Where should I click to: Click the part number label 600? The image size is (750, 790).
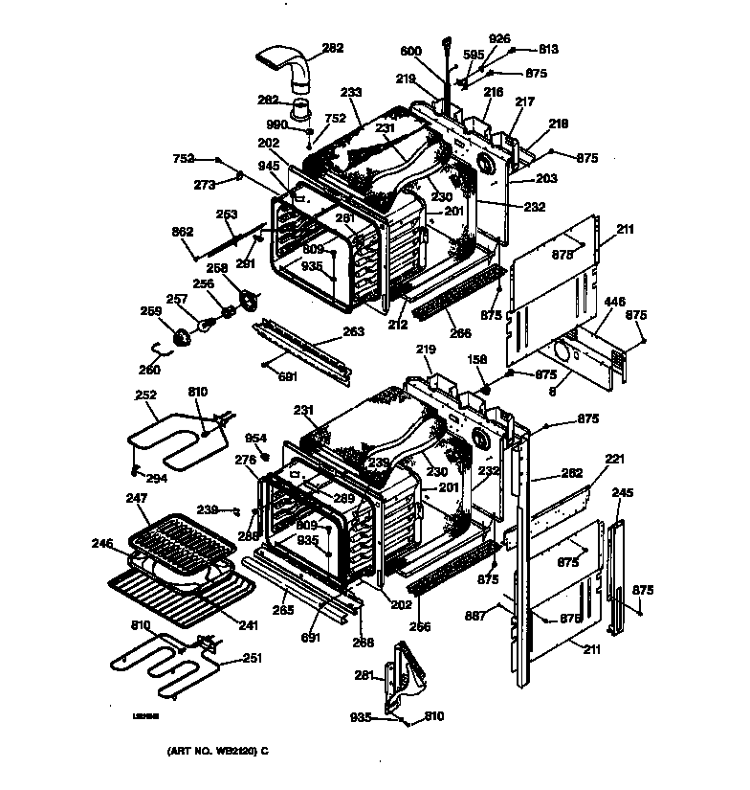(x=409, y=52)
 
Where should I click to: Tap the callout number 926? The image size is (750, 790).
(x=499, y=38)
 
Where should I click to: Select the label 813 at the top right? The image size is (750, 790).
(x=548, y=50)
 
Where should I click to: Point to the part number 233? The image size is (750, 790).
(x=351, y=92)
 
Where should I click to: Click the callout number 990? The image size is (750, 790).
(x=277, y=125)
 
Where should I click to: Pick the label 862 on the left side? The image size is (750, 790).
(x=183, y=232)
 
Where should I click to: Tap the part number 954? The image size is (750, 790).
(x=254, y=438)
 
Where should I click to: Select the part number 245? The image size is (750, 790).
(x=623, y=493)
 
